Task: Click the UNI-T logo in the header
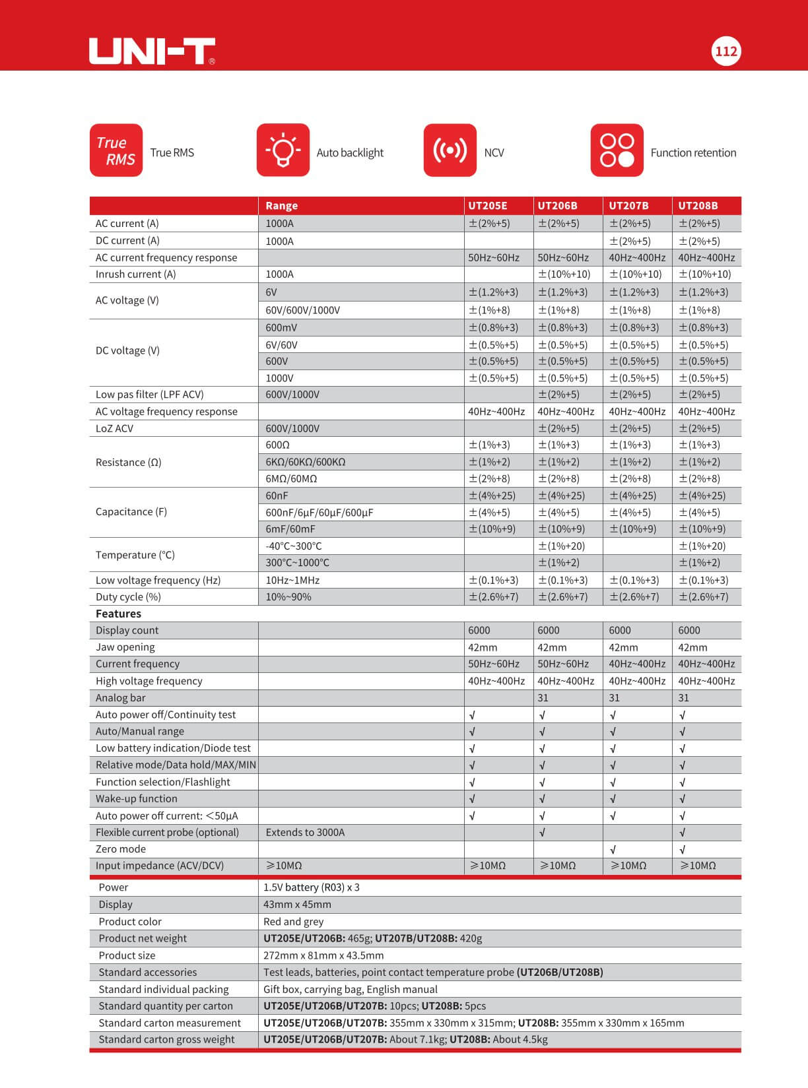[x=152, y=51]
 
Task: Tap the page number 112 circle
[x=726, y=51]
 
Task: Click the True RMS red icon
[x=116, y=150]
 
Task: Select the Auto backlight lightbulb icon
[x=283, y=150]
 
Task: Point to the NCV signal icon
[x=450, y=150]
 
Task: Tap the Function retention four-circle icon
[x=617, y=150]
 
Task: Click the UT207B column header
[x=628, y=206]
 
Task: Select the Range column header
[x=282, y=206]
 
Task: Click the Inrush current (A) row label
[x=135, y=274]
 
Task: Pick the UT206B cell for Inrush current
[x=564, y=274]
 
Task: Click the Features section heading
[x=118, y=614]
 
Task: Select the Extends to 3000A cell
[x=305, y=833]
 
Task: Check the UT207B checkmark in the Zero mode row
[x=613, y=850]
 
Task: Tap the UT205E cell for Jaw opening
[x=483, y=647]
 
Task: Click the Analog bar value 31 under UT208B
[x=683, y=698]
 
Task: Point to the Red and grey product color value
[x=293, y=922]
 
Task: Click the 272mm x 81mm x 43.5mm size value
[x=323, y=955]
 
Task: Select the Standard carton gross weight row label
[x=166, y=1040]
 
